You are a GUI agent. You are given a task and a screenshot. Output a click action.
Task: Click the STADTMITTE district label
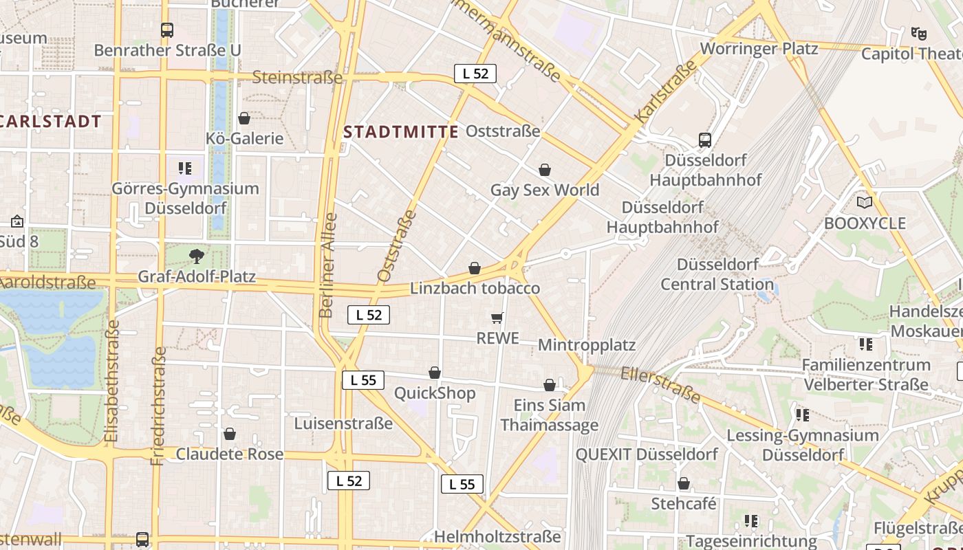[x=400, y=132]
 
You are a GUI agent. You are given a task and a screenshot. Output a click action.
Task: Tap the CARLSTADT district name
[x=50, y=122]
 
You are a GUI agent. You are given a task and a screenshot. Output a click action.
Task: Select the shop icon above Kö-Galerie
[x=244, y=118]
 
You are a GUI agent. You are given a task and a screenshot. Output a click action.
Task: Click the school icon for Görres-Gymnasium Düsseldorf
[x=184, y=168]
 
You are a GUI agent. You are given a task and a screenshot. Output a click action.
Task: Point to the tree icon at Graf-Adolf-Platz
[x=197, y=256]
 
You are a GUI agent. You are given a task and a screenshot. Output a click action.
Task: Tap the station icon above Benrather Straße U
[x=167, y=30]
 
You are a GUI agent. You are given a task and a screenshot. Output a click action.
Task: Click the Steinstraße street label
[x=296, y=77]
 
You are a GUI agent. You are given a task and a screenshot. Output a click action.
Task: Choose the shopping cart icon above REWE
[x=497, y=318]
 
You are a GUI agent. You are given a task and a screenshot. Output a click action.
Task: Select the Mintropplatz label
[x=586, y=345]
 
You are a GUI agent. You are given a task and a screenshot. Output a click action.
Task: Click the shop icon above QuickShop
[x=435, y=373]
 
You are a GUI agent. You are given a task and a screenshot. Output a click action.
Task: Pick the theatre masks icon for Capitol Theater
[x=918, y=33]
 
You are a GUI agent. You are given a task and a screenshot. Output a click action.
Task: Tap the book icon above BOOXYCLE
[x=865, y=203]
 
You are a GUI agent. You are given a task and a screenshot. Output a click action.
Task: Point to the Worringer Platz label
[x=759, y=49]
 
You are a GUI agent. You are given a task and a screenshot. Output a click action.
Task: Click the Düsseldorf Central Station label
[x=717, y=274]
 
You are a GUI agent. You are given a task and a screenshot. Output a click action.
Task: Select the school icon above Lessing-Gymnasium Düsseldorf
[x=802, y=415]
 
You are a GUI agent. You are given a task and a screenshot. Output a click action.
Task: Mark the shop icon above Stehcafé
[x=683, y=483]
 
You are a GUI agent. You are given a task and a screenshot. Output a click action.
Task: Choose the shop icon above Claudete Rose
[x=230, y=434]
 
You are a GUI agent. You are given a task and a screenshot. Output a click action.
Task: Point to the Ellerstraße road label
[x=660, y=385]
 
